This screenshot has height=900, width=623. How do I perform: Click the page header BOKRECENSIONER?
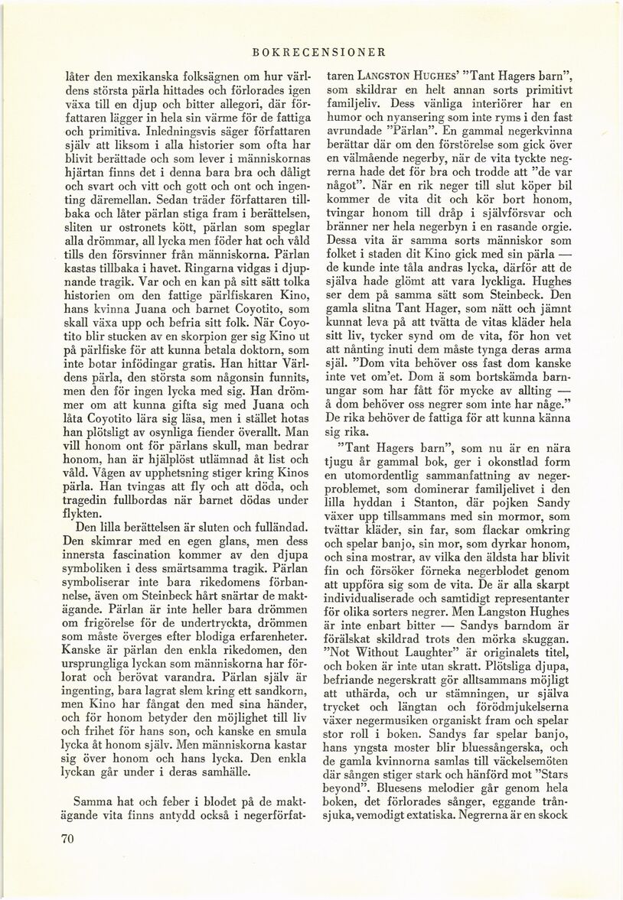(x=317, y=53)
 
